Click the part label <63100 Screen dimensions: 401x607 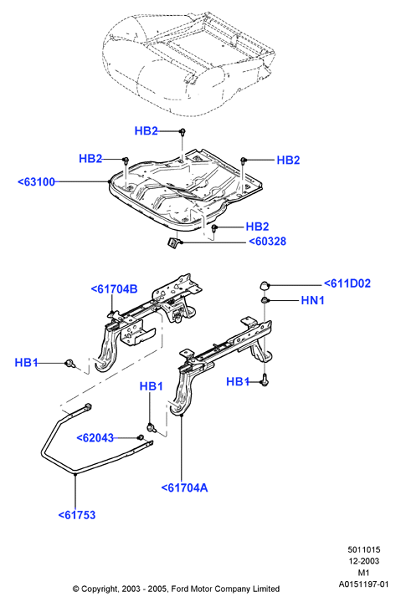[37, 181]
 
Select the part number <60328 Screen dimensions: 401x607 [267, 242]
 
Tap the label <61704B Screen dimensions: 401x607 [115, 289]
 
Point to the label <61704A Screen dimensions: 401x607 [184, 487]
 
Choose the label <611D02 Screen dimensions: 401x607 [347, 283]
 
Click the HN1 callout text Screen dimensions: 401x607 [312, 300]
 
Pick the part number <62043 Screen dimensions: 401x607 [95, 438]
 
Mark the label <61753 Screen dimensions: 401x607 [77, 515]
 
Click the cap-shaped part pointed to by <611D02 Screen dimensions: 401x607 [265, 285]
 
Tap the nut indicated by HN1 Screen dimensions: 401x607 [265, 300]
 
